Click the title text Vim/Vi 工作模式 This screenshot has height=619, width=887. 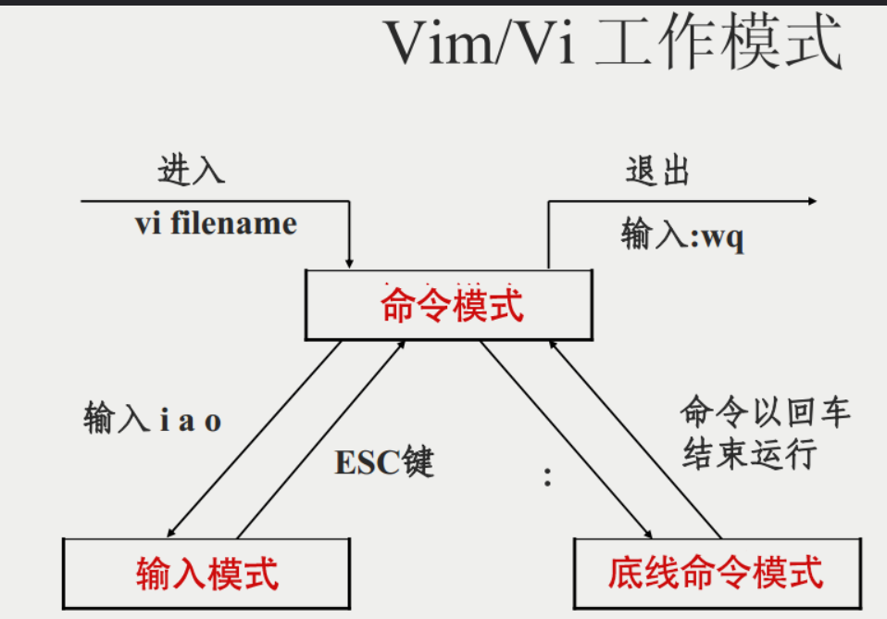coord(612,43)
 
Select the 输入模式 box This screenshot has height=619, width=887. coord(207,572)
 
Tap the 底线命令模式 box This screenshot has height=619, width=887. coord(715,572)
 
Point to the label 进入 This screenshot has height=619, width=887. coord(192,171)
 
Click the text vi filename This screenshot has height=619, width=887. coord(216,223)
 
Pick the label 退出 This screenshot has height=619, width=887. coord(658,171)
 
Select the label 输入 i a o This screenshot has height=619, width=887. coord(153,420)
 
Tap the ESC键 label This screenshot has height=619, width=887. coord(384,461)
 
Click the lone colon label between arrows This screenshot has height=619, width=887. coord(548,478)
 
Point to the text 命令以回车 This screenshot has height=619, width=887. coord(765,411)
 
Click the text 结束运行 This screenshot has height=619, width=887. coord(750,454)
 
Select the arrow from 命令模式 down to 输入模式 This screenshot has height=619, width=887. coord(255,438)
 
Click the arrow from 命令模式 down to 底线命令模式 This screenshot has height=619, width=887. coord(565,438)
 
